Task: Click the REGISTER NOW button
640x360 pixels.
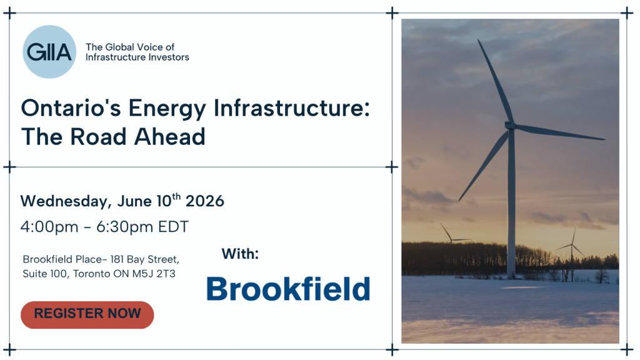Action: pyautogui.click(x=87, y=315)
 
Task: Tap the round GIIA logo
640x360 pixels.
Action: pyautogui.click(x=49, y=52)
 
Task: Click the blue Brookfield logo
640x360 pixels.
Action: pyautogui.click(x=288, y=289)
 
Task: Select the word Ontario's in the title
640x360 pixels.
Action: pyautogui.click(x=71, y=108)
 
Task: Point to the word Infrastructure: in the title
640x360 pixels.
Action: pyautogui.click(x=291, y=108)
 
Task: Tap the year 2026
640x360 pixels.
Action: pyautogui.click(x=205, y=201)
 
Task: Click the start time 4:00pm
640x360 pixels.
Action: pyautogui.click(x=49, y=227)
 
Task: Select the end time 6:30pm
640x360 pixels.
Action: pyautogui.click(x=124, y=227)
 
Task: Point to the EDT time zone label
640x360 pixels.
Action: pyautogui.click(x=174, y=227)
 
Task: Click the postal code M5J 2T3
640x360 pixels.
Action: pyautogui.click(x=154, y=274)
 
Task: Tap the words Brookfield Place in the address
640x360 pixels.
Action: pyautogui.click(x=62, y=259)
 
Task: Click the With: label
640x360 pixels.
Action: pyautogui.click(x=241, y=254)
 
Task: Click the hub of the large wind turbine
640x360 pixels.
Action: pyautogui.click(x=510, y=125)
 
